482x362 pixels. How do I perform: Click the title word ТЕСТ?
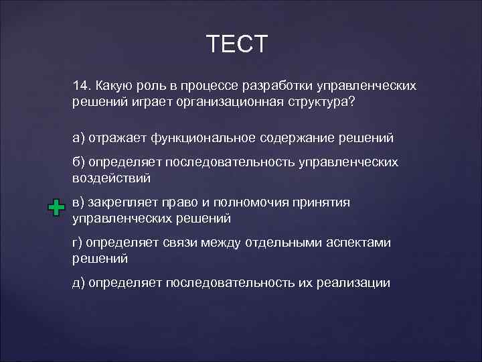click(x=237, y=44)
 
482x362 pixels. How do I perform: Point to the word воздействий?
click(x=111, y=178)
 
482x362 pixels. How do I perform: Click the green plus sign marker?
click(x=57, y=208)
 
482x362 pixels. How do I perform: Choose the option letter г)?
click(x=79, y=243)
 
